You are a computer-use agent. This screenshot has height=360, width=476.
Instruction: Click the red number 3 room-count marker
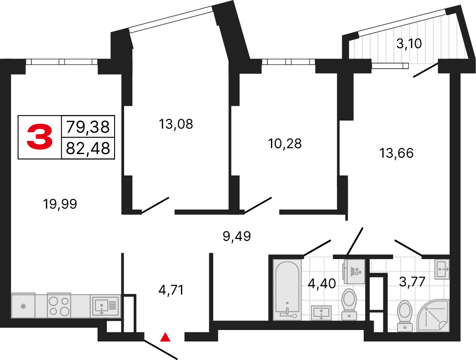point(40,137)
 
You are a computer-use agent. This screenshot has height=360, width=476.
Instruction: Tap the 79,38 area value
point(88,126)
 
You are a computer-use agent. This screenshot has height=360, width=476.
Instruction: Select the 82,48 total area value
point(88,148)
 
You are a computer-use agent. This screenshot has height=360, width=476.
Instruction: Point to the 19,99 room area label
point(60,205)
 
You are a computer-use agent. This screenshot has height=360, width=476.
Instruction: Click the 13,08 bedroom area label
point(176,124)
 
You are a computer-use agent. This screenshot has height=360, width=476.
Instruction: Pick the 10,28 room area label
point(285,144)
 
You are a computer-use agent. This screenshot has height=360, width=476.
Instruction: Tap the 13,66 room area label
point(396,153)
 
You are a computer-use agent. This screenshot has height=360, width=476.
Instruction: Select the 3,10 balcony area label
point(410,44)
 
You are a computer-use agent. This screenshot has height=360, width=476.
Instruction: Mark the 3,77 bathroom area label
point(412,282)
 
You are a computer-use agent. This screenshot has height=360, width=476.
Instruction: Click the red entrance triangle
point(166,337)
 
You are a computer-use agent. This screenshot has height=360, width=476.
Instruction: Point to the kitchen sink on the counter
point(105,305)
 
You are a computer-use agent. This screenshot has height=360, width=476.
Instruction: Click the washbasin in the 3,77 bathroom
point(441,270)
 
